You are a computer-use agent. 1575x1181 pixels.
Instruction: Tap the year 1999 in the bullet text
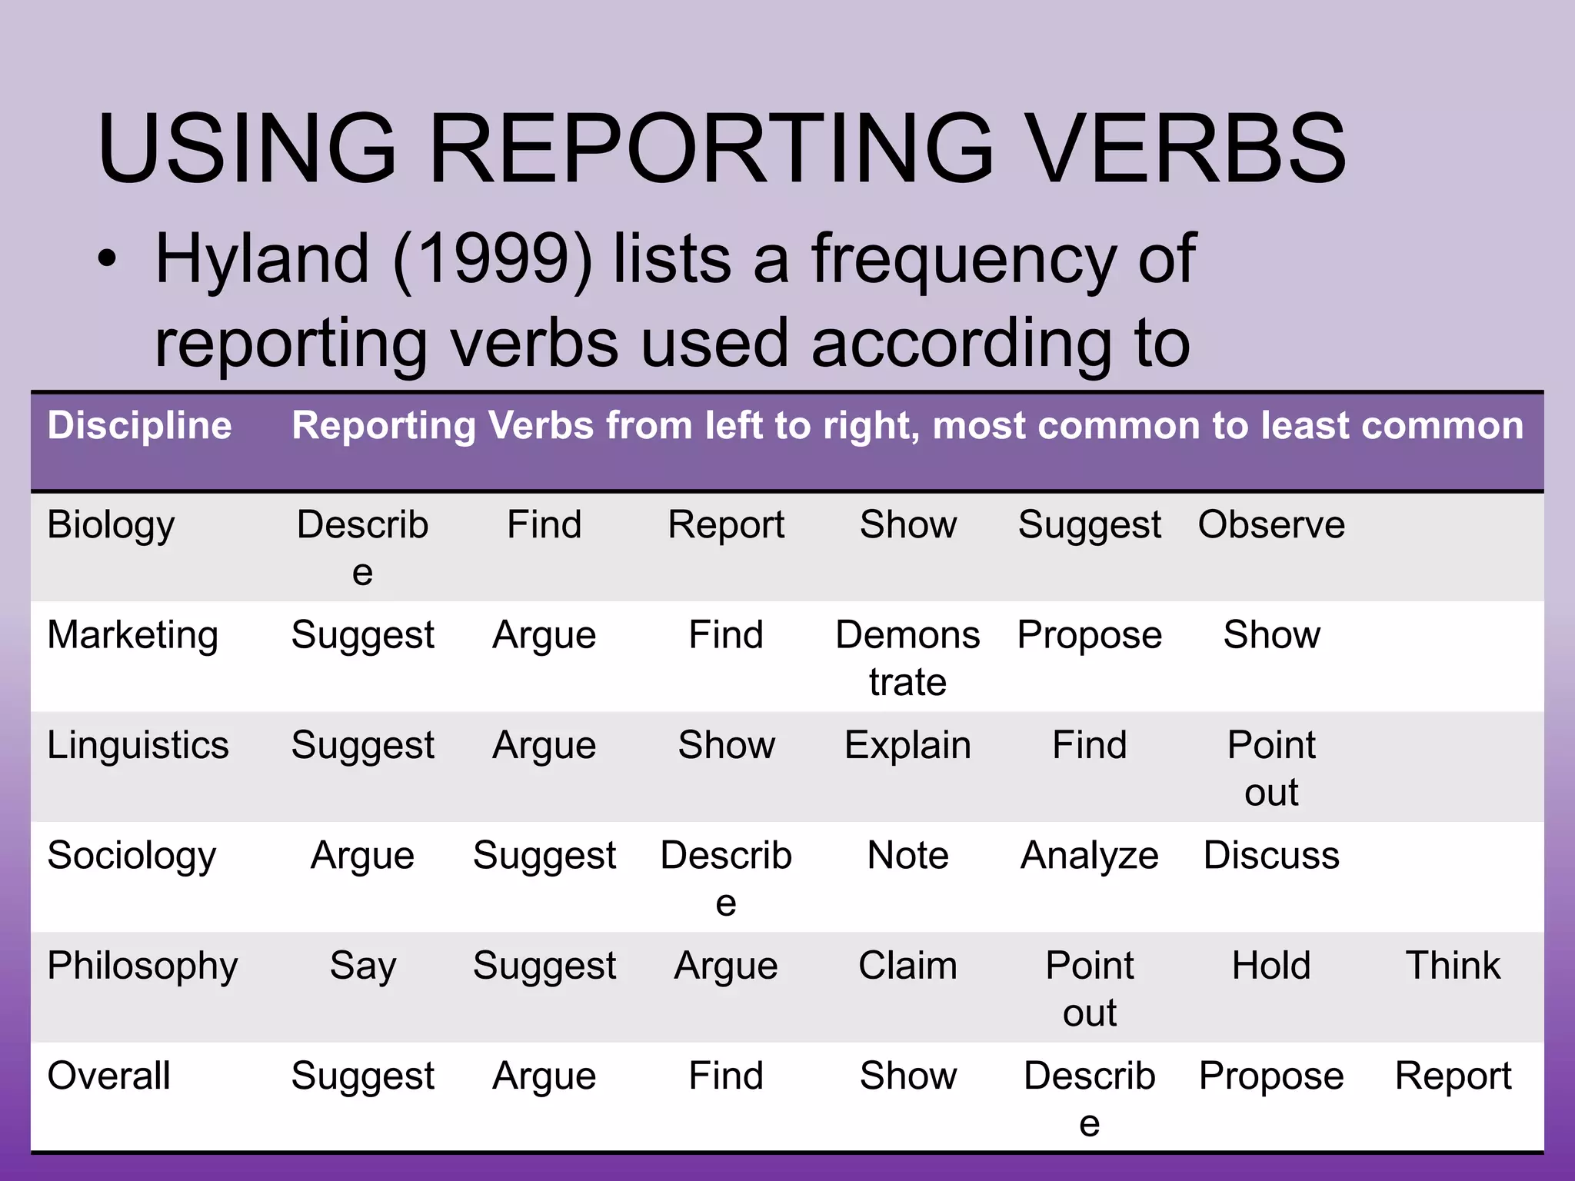point(492,260)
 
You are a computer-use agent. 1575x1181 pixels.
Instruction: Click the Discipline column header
point(139,425)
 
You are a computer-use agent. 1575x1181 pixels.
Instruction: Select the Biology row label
point(111,525)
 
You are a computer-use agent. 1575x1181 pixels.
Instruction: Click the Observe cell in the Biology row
point(1271,525)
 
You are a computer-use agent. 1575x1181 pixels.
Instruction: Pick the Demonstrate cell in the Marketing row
point(907,657)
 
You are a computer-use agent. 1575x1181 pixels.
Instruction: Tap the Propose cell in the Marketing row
point(1089,635)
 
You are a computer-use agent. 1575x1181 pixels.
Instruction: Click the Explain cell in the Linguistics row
point(907,745)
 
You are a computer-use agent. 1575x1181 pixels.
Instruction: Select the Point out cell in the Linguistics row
point(1271,767)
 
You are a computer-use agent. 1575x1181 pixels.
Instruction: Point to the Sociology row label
point(132,856)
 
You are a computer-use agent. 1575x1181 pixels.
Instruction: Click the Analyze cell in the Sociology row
point(1089,856)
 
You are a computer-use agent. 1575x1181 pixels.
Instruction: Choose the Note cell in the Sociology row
point(907,856)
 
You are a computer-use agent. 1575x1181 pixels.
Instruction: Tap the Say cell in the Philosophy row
point(362,966)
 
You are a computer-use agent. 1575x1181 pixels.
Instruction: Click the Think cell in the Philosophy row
point(1453,966)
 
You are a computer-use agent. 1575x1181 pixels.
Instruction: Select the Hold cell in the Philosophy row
point(1271,966)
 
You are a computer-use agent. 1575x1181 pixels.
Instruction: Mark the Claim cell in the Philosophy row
point(907,966)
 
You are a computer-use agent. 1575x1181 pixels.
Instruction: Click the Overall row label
point(108,1076)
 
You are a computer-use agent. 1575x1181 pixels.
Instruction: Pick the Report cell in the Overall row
point(1453,1076)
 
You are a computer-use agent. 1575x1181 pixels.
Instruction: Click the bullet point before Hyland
point(108,260)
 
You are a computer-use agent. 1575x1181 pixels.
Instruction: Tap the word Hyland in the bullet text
point(262,260)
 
